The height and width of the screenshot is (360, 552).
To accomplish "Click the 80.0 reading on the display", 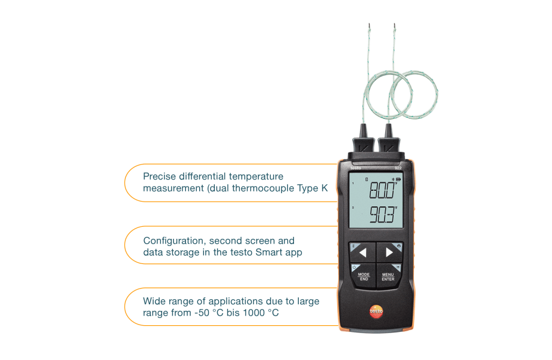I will click(x=382, y=191).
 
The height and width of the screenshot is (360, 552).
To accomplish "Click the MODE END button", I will click(x=363, y=277).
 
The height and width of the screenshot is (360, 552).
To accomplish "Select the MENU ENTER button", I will click(x=388, y=277).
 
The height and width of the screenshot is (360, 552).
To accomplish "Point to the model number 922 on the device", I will click(x=398, y=169).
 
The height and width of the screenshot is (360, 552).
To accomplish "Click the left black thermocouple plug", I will click(x=364, y=143).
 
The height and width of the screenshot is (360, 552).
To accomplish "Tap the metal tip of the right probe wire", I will click(x=395, y=26).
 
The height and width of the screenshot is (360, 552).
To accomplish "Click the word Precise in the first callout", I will click(x=160, y=176).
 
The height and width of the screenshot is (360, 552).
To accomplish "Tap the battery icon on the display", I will click(x=397, y=179).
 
